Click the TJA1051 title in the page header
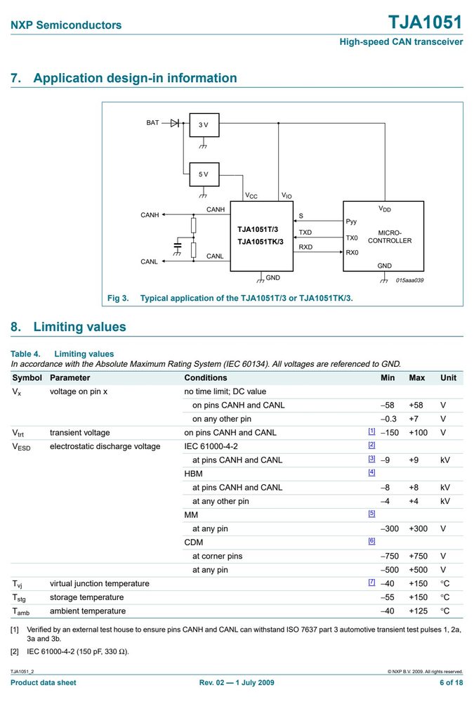tap(425, 22)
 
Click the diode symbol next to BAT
tap(175, 123)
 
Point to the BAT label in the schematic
tap(152, 123)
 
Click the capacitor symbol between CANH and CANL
tap(178, 245)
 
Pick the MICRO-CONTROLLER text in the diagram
tap(390, 237)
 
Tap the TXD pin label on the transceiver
tap(305, 233)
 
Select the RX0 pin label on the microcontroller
tap(352, 252)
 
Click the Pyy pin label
tap(351, 221)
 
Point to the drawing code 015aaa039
tap(409, 280)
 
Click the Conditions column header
tap(206, 378)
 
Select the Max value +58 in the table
tap(416, 405)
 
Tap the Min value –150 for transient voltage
tap(390, 432)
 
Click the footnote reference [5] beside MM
tap(371, 514)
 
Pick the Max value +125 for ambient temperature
tap(418, 611)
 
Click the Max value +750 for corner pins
tap(418, 556)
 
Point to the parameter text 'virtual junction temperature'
tap(100, 584)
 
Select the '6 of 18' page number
tap(451, 683)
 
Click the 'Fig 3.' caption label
tap(118, 298)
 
